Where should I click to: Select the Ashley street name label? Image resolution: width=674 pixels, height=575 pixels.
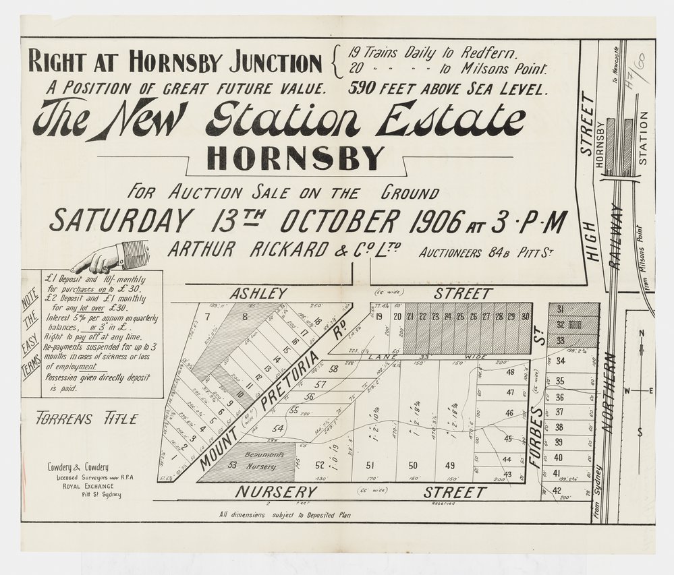point(258,294)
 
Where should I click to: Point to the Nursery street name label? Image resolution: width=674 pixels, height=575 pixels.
point(276,492)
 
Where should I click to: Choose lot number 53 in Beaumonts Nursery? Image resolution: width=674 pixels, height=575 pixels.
point(232,464)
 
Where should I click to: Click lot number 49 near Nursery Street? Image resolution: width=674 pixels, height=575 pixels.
point(450,465)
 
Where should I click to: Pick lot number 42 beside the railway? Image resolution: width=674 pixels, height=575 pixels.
point(557,490)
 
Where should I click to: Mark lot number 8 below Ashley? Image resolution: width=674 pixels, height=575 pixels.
point(245,315)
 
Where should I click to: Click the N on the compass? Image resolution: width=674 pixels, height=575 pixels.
point(642,333)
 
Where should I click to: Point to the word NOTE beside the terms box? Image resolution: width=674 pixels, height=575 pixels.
point(29,296)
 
